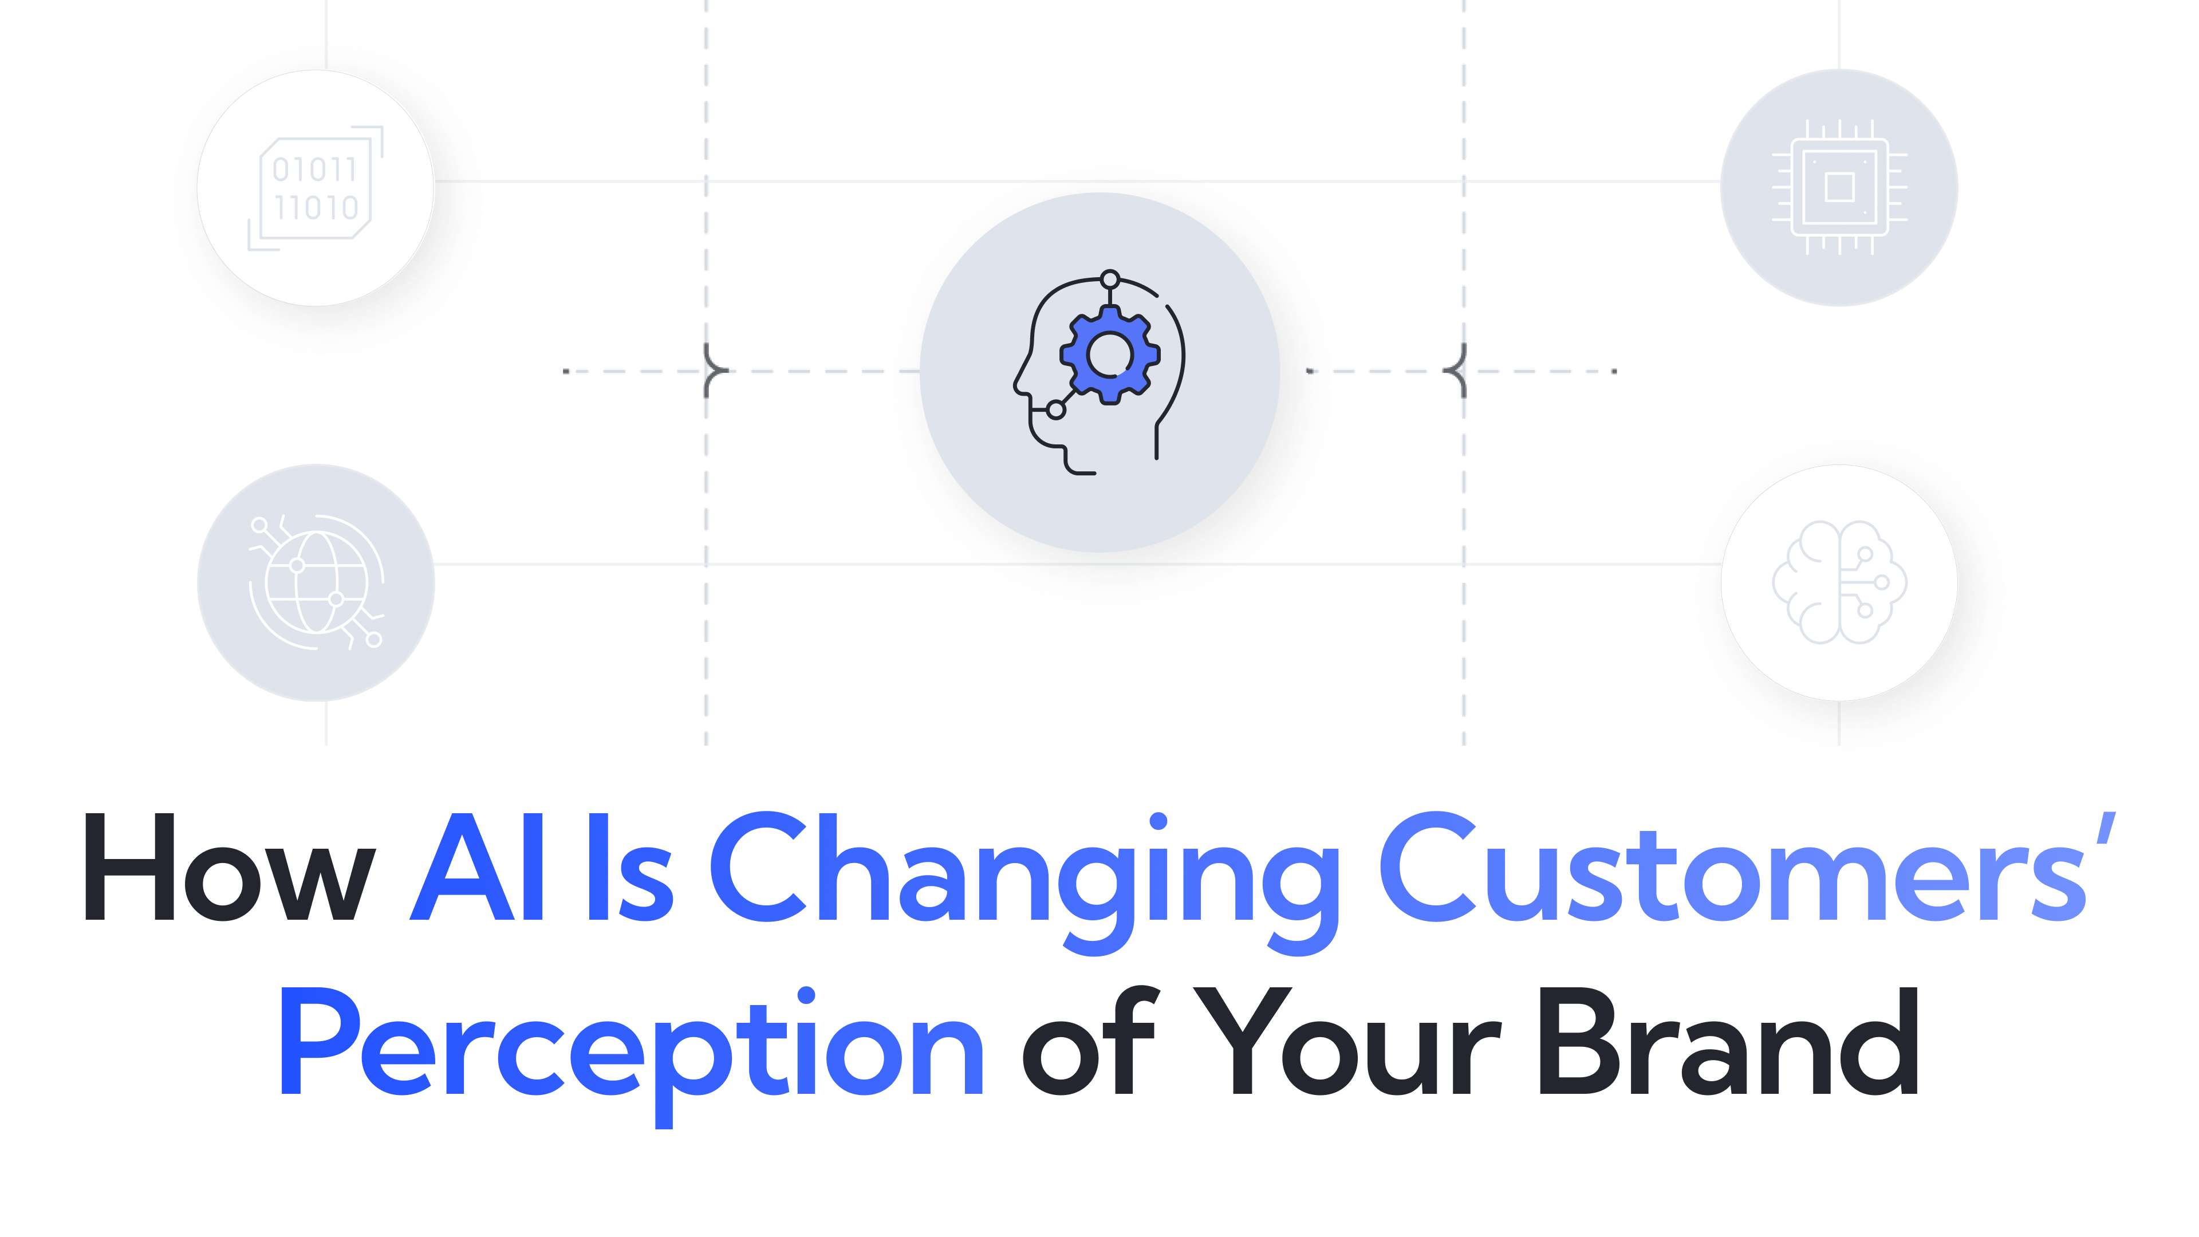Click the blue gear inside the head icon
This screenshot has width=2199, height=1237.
[1110, 355]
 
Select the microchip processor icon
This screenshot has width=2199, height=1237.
[1839, 188]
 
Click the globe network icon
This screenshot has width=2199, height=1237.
[316, 582]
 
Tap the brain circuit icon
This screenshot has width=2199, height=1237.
[1839, 582]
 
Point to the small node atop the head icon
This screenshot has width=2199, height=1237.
[1110, 279]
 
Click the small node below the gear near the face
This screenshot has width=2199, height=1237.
[1056, 411]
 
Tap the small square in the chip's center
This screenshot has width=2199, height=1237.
[1839, 188]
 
